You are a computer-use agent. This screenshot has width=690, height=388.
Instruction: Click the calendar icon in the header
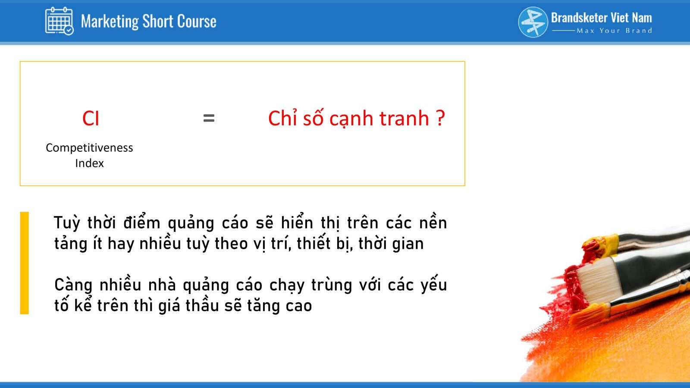(60, 21)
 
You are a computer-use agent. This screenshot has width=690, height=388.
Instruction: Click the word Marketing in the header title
(110, 22)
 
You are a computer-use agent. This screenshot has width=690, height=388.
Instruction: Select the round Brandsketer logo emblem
(533, 22)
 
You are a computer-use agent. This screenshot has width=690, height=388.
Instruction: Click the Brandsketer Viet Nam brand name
(601, 18)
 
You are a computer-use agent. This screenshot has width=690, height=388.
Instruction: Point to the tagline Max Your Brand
(614, 31)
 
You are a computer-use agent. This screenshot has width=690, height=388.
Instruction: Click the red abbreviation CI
(91, 118)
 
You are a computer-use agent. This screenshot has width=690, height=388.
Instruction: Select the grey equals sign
(209, 118)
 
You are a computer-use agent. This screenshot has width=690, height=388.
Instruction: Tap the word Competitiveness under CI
(89, 148)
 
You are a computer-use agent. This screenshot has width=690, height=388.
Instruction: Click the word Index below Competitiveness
(89, 163)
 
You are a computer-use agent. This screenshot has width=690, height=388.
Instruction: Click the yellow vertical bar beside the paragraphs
(24, 263)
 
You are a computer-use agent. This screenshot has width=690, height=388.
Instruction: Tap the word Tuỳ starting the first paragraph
(67, 223)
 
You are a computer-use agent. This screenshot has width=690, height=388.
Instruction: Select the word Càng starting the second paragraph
(73, 285)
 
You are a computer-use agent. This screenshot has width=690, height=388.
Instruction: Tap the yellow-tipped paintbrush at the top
(634, 242)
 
